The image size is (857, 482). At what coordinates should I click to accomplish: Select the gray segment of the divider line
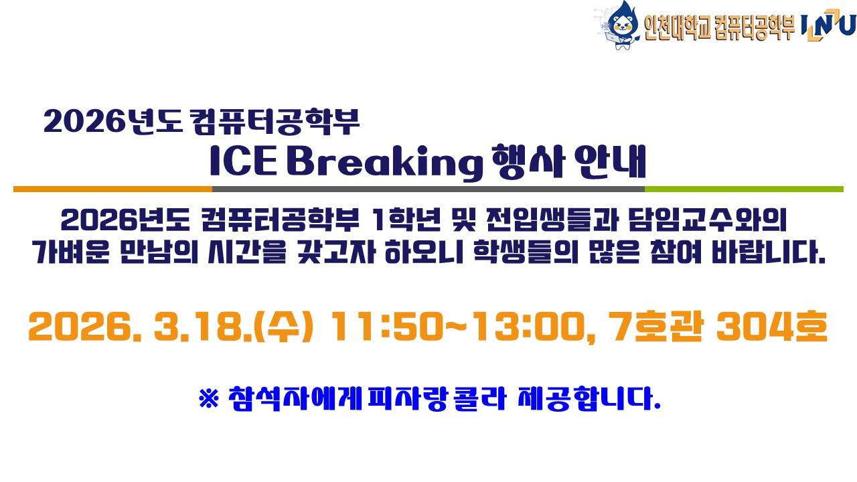pyautogui.click(x=428, y=189)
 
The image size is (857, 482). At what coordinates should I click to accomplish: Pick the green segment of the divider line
pyautogui.click(x=743, y=189)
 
